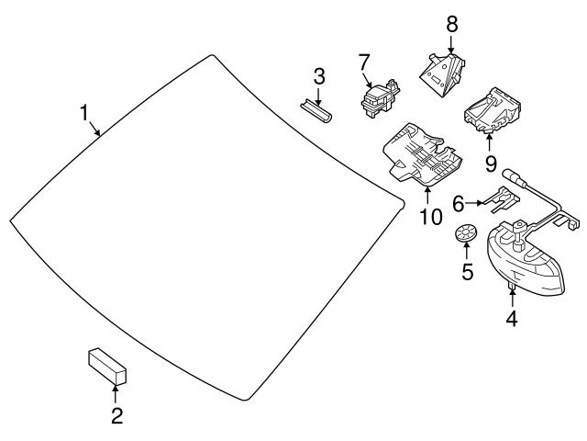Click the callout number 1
pyautogui.click(x=84, y=113)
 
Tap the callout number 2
pyautogui.click(x=116, y=416)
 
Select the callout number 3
pyautogui.click(x=318, y=74)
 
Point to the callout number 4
pyautogui.click(x=512, y=319)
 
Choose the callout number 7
pyautogui.click(x=364, y=62)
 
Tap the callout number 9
pyautogui.click(x=491, y=164)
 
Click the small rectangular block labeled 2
pyautogui.click(x=106, y=367)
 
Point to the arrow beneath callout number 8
pyautogui.click(x=450, y=41)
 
